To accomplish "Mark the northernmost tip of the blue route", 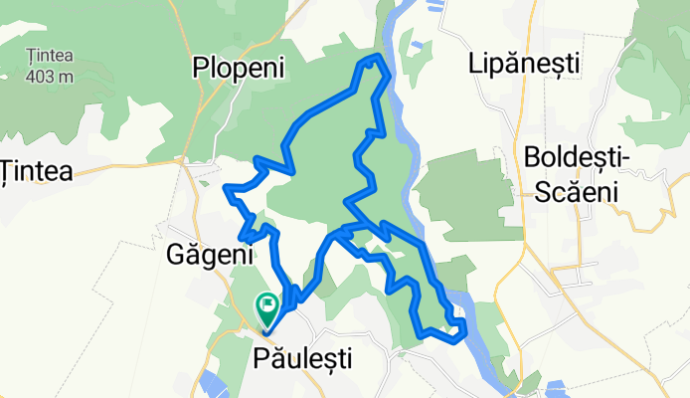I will [370, 60].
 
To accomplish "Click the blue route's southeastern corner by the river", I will [460, 334].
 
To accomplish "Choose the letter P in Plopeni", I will [199, 68].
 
